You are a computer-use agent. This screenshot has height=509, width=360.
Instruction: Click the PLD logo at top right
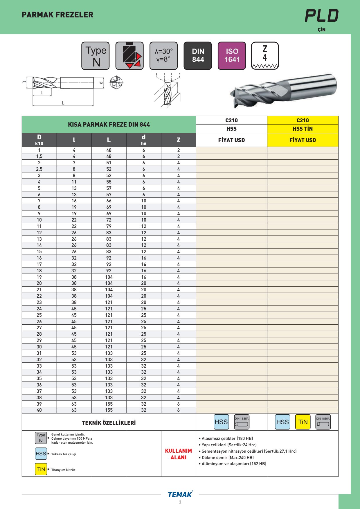coord(322,16)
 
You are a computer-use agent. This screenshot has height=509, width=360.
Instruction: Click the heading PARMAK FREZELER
coord(57,15)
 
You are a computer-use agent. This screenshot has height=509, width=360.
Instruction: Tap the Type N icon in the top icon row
coord(96,56)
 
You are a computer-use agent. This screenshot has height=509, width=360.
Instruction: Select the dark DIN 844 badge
coord(198,56)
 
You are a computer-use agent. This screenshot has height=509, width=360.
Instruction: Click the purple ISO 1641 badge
coord(232,56)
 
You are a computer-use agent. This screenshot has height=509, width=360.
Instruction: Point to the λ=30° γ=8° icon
coord(163,56)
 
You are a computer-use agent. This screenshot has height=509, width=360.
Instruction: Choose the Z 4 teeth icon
coord(265,56)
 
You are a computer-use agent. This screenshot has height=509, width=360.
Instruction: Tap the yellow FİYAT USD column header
coord(303,140)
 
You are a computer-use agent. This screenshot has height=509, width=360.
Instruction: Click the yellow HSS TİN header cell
coord(303,129)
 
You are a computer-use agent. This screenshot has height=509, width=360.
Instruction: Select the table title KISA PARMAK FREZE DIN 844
coord(109,125)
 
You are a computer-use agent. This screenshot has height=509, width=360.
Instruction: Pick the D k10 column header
coord(39,140)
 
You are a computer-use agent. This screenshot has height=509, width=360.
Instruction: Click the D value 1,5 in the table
coord(39,157)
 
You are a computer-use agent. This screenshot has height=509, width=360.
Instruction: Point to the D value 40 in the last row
coord(39,410)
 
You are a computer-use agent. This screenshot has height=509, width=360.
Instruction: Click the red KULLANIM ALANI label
coord(179,454)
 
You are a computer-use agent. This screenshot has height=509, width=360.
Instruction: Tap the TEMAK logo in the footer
coord(180,494)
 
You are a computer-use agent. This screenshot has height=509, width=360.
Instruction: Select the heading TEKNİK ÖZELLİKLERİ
coord(109,423)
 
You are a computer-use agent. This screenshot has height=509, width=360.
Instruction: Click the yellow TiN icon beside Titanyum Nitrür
coord(41,470)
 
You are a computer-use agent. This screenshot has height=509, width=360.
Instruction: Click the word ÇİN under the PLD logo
coord(321,30)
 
